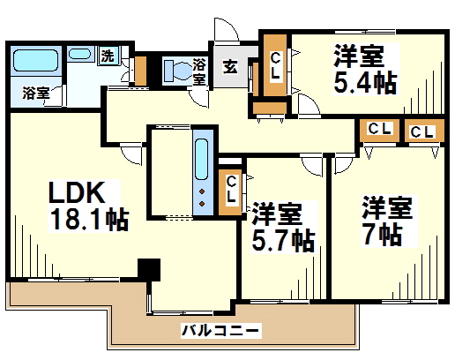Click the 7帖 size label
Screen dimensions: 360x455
tap(383, 235)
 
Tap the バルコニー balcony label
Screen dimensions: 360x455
tap(220, 331)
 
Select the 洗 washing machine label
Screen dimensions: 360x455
tap(107, 56)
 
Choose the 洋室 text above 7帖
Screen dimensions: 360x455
tap(387, 209)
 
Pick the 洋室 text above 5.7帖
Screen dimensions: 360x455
tap(276, 214)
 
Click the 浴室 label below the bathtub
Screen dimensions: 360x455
tap(35, 93)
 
